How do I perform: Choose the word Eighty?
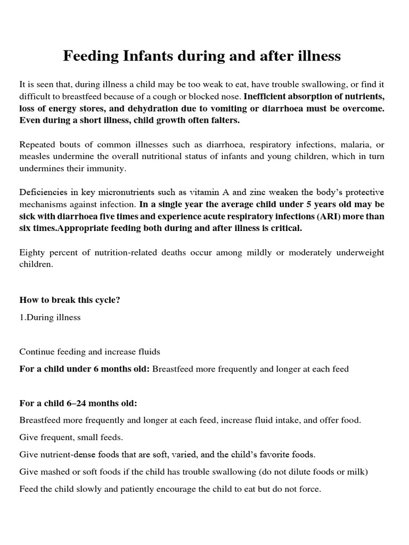[32, 252]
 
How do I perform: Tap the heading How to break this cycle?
[70, 300]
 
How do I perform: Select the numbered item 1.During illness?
[50, 318]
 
